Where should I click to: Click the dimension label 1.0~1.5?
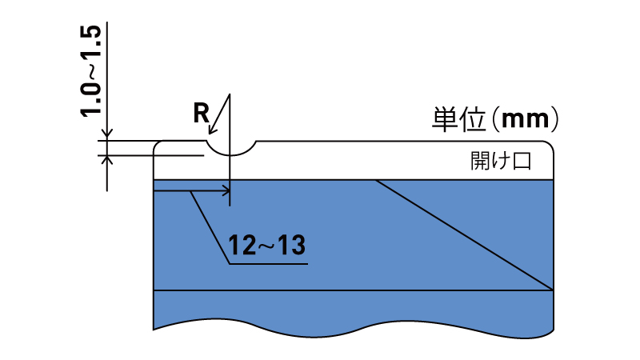tap(90, 71)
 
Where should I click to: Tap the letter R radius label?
tap(201, 113)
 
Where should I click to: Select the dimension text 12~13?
tap(266, 246)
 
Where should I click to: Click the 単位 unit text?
tap(458, 119)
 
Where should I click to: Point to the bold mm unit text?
tap(526, 119)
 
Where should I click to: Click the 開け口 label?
tap(501, 161)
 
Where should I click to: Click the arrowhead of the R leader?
tap(213, 128)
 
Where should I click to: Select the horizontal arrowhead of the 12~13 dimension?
tap(226, 190)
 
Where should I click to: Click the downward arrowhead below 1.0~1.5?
tap(107, 134)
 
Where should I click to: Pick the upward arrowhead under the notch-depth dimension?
tap(107, 161)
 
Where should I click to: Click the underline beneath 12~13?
tap(268, 264)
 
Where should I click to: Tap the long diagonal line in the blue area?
tap(465, 235)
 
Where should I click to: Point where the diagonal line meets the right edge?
tap(554, 290)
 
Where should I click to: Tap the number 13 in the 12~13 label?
tap(292, 246)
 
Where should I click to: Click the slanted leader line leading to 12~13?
tap(210, 227)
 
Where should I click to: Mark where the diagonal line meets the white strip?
tap(376, 179)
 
